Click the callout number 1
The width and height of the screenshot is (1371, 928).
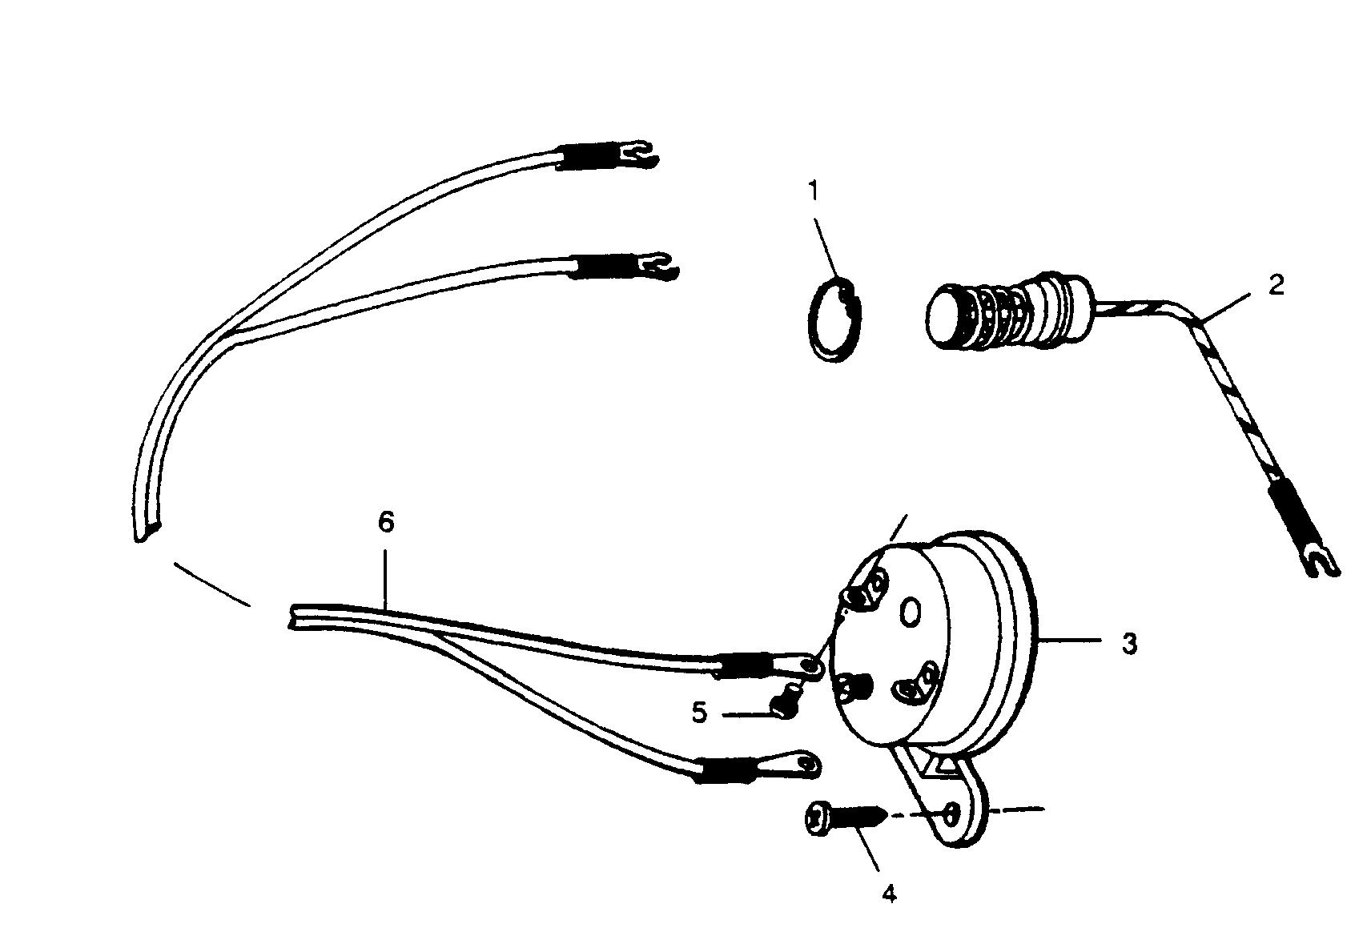point(814,191)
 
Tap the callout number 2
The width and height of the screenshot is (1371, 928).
point(1276,284)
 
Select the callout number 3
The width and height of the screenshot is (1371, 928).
point(1129,643)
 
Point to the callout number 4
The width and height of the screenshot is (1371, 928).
point(889,894)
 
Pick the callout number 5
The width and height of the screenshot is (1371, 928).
point(700,712)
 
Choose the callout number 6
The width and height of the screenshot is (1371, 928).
point(386,522)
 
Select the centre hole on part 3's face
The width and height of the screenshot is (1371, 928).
point(911,613)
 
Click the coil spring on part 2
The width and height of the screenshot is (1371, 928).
point(993,316)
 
